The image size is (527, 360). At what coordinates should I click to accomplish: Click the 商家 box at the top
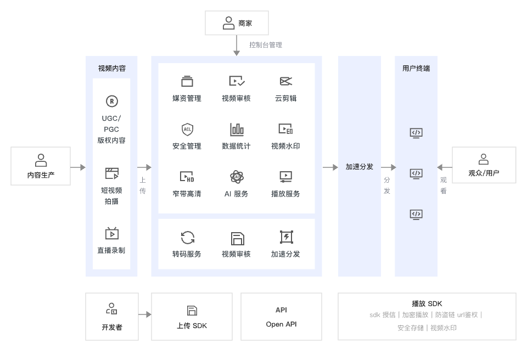point(237,23)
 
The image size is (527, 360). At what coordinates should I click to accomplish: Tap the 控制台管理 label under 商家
point(265,45)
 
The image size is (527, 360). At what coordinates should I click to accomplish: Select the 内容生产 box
point(41,166)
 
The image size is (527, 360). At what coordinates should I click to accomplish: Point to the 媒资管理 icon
point(187,81)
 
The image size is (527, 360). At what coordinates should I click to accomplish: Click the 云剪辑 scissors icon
point(285,81)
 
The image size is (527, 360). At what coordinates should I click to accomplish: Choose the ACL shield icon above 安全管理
point(187,130)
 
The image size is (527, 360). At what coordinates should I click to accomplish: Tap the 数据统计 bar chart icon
point(237,130)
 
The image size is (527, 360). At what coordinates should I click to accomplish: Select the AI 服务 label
point(236,194)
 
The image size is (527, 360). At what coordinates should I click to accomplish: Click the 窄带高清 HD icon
point(187,177)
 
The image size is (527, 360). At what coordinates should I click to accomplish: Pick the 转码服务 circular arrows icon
point(187,238)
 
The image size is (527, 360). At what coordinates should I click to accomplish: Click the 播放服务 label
point(285,194)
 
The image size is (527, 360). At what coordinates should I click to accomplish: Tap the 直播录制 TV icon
point(112,233)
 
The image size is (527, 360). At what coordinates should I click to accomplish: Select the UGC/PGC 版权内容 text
point(111,129)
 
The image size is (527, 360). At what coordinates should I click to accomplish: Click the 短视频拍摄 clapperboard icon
point(112,174)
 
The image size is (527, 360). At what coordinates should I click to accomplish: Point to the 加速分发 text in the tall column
point(360,166)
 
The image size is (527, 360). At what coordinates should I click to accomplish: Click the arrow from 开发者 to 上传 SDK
point(144,315)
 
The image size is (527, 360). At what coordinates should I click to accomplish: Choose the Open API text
point(281,324)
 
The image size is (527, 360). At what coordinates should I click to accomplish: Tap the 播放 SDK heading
point(427,303)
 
